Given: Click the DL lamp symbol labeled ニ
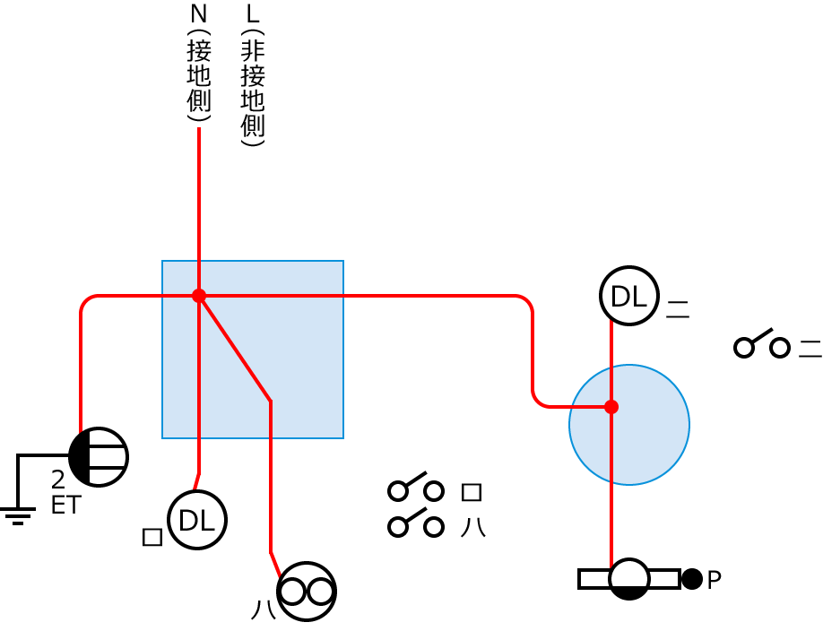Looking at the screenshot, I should click(628, 296).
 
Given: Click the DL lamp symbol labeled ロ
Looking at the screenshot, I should click(196, 520).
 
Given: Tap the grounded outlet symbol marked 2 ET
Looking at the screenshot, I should click(99, 457).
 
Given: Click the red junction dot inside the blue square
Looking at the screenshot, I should click(199, 296).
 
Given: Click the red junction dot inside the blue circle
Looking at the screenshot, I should click(611, 407).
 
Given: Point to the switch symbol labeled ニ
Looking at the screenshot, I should click(761, 345).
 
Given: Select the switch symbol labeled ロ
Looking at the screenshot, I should click(416, 488).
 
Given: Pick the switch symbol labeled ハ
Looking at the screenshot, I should click(416, 524).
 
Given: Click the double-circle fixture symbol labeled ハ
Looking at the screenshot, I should click(307, 592).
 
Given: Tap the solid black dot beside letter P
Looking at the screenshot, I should click(691, 579).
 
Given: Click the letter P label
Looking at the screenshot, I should click(715, 581).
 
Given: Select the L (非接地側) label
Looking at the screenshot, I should click(253, 75).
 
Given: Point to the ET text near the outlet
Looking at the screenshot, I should click(65, 506).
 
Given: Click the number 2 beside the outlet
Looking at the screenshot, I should click(58, 481).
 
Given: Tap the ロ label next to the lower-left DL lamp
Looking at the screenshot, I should click(152, 537).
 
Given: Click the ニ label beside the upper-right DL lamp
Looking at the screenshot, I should click(678, 310).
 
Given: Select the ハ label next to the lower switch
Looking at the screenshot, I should click(472, 527).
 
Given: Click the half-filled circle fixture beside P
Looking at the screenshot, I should click(629, 579).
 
